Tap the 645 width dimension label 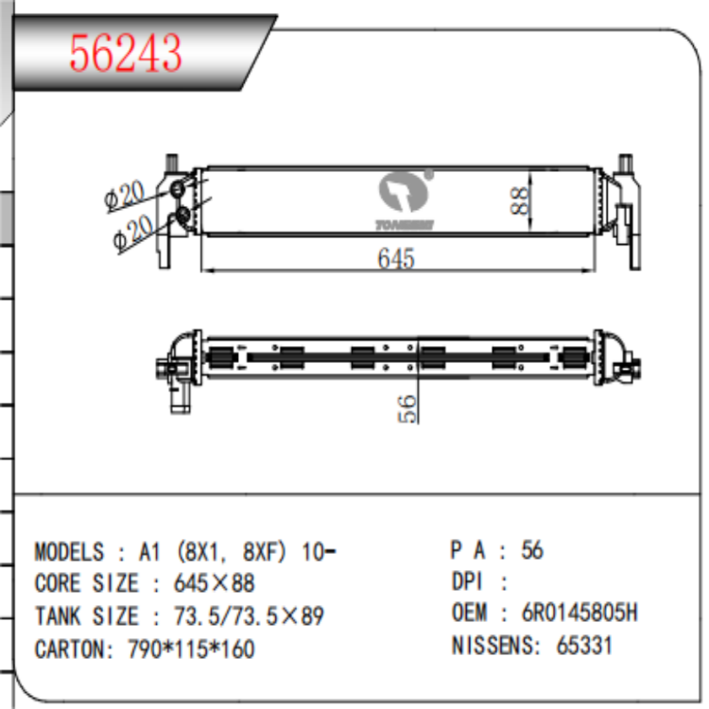[x=395, y=258]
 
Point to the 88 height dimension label [x=519, y=199]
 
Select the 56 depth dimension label [x=406, y=408]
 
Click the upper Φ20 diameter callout [x=125, y=195]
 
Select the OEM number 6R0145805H [x=579, y=613]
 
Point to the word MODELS [x=69, y=552]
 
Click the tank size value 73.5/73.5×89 [x=249, y=616]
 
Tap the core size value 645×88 [x=215, y=584]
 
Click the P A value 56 [x=532, y=550]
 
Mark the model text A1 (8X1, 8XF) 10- [x=235, y=552]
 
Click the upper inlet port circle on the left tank [x=178, y=192]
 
